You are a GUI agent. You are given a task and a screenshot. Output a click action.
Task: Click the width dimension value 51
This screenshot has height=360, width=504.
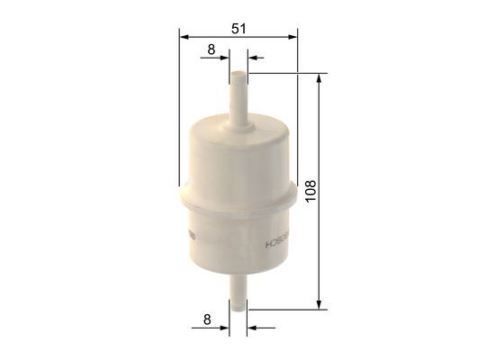click(238, 28)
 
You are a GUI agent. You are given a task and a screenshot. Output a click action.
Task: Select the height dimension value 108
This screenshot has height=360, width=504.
click(310, 192)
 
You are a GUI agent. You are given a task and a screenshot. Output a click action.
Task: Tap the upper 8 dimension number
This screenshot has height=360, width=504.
click(211, 49)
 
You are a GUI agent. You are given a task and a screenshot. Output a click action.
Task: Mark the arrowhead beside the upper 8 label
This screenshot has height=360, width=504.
click(225, 58)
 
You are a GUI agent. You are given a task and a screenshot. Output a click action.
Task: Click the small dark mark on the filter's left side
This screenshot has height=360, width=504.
click(189, 236)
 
